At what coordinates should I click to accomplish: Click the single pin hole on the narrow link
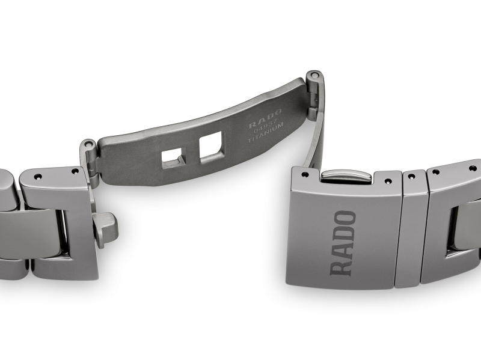[412, 177]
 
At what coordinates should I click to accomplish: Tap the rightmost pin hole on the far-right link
[473, 169]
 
